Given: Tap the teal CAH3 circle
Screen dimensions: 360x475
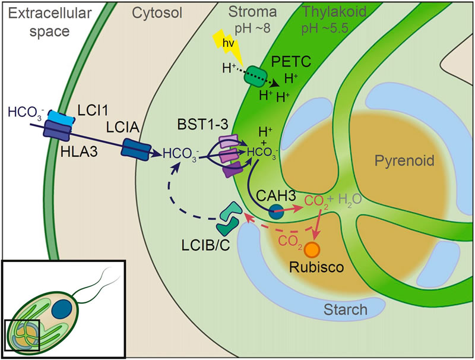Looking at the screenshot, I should click(274, 210).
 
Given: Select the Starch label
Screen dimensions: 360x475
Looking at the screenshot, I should click(345, 309).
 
